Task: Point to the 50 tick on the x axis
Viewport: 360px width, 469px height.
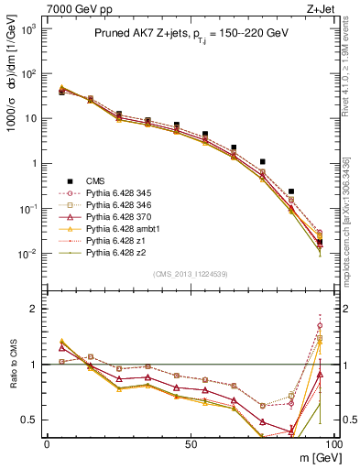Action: pos(190,443)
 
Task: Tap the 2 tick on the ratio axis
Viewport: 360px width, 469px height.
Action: pos(37,309)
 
